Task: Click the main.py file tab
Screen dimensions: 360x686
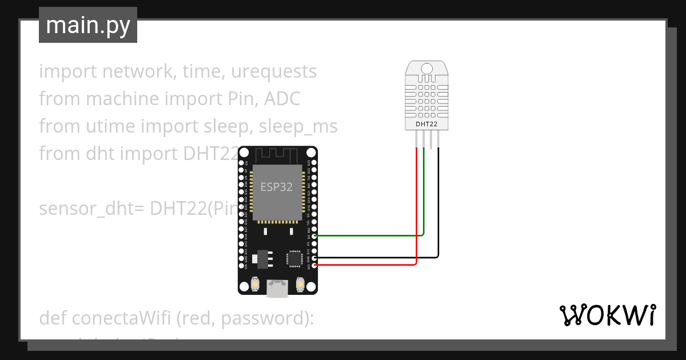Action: [x=87, y=25]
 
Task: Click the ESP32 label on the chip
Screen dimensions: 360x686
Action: [x=277, y=187]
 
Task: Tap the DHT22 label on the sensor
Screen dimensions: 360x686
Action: [x=426, y=123]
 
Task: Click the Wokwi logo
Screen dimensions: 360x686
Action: [x=607, y=315]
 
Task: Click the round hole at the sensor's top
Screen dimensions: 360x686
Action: [x=426, y=69]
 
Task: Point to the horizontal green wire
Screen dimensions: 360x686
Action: [x=366, y=235]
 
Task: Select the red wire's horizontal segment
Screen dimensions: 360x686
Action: [x=366, y=265]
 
